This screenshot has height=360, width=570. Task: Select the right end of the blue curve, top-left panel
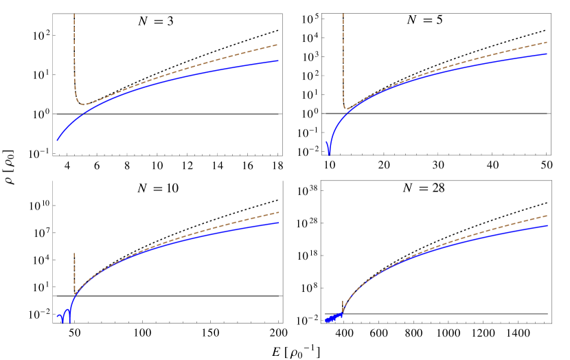[278, 60]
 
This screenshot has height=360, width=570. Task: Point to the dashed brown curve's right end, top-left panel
[278, 45]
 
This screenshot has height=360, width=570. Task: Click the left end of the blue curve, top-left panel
[57, 140]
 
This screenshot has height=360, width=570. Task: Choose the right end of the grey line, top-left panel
[278, 114]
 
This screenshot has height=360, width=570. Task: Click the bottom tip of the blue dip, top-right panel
[329, 155]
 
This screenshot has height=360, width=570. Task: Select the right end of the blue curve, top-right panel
[547, 54]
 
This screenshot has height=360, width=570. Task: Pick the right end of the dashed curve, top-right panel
[547, 42]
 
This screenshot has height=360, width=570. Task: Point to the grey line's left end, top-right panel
[326, 113]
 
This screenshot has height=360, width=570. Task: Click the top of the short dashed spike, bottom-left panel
[74, 253]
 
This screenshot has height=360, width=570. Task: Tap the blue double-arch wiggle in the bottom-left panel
[65, 316]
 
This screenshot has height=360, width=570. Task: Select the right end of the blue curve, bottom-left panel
[279, 223]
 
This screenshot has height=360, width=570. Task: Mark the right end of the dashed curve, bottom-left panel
[279, 212]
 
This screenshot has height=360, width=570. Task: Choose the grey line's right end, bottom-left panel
[278, 295]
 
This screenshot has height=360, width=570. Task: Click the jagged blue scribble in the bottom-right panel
[332, 318]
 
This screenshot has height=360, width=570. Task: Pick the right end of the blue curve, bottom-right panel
[547, 225]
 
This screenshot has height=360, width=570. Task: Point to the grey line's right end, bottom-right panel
[547, 313]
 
